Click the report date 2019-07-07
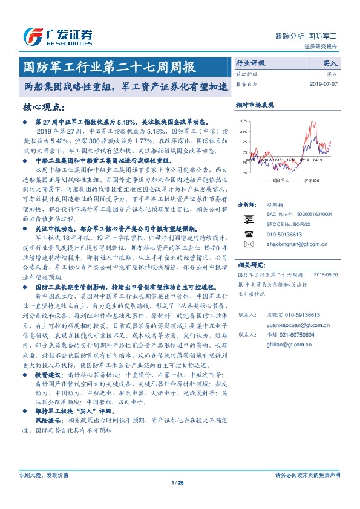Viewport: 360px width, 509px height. click(325, 84)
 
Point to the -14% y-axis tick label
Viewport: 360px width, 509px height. click(243, 172)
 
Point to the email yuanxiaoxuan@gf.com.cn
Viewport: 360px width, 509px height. click(295, 325)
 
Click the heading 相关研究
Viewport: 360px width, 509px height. click(250, 264)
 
